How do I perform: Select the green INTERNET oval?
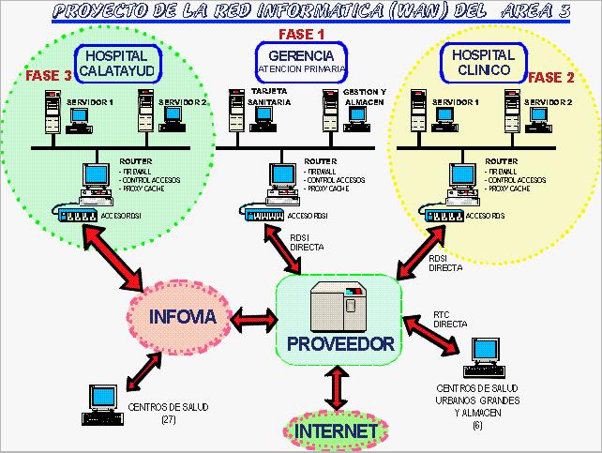[x=336, y=431]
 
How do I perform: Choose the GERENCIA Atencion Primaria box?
[x=301, y=62]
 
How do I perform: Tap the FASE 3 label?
[x=46, y=75]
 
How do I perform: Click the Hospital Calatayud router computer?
[x=96, y=178]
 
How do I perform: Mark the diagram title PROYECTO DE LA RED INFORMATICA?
[x=301, y=12]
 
